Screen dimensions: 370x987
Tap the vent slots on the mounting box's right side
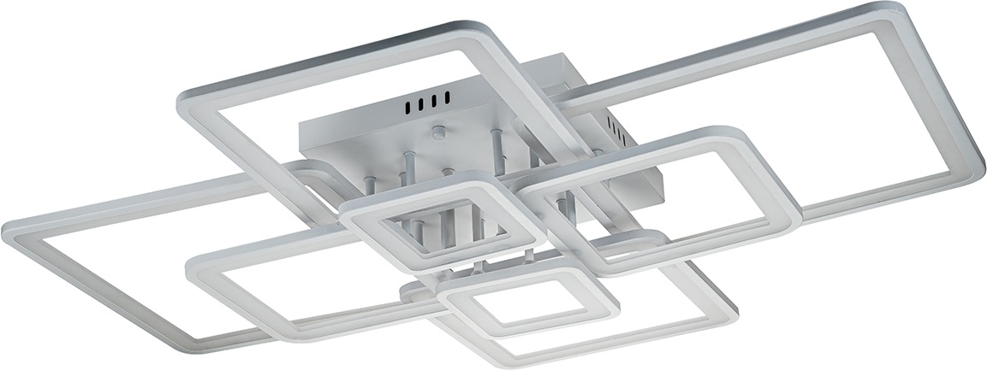tap(614, 128)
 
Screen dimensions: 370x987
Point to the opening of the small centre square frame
tap(440, 226)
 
